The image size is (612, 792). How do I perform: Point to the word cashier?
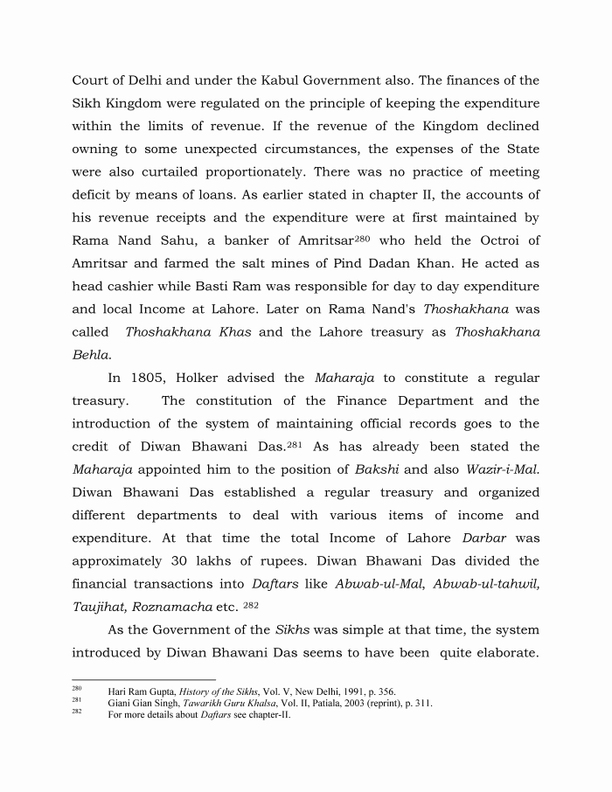click(136, 286)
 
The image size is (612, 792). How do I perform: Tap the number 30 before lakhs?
click(200, 560)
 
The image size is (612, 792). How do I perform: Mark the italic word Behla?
click(90, 355)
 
